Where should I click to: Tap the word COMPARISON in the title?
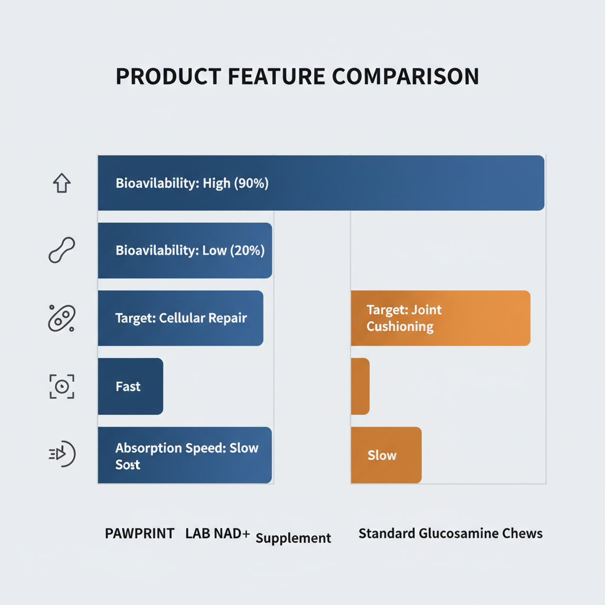click(405, 76)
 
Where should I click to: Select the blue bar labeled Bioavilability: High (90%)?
click(321, 183)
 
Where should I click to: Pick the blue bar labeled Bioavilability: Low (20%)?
click(185, 251)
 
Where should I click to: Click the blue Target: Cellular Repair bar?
click(181, 318)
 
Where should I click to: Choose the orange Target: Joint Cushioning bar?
click(441, 318)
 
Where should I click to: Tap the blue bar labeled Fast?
click(131, 386)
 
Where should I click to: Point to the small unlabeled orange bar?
click(360, 386)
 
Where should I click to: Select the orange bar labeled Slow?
click(386, 455)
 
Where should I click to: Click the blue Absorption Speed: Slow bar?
click(185, 455)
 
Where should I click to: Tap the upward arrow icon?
click(61, 183)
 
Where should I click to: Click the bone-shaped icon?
click(61, 250)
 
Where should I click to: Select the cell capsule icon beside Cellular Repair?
click(61, 318)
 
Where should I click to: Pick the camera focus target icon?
click(61, 386)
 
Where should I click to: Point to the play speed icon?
click(62, 454)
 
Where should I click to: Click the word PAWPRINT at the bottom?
click(139, 534)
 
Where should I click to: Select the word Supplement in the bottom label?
click(293, 538)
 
